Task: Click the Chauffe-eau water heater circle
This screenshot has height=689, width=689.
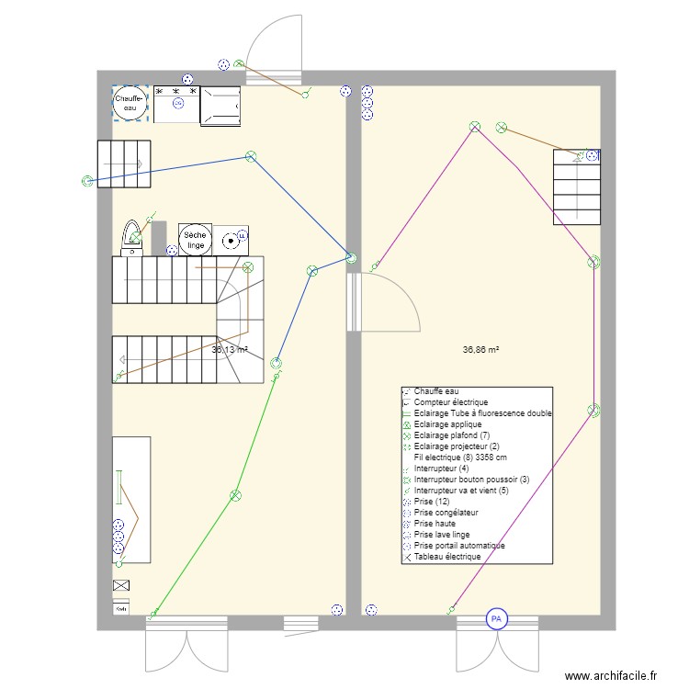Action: pyautogui.click(x=129, y=102)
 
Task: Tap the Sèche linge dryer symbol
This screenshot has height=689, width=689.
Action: pyautogui.click(x=195, y=239)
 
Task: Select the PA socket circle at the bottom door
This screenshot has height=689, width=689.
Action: pyautogui.click(x=496, y=619)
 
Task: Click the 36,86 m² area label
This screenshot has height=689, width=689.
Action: pyautogui.click(x=481, y=350)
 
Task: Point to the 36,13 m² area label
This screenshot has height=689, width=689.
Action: pyautogui.click(x=230, y=350)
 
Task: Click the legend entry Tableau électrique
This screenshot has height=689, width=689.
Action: pyautogui.click(x=446, y=557)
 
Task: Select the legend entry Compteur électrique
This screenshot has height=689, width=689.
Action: pyautogui.click(x=450, y=402)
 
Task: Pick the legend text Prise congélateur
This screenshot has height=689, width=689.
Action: pyautogui.click(x=446, y=513)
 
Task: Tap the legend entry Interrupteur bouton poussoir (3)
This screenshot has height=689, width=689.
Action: pyautogui.click(x=471, y=480)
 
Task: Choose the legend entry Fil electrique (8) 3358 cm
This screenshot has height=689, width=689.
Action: pyautogui.click(x=460, y=457)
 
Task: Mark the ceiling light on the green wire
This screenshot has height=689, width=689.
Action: pyautogui.click(x=235, y=495)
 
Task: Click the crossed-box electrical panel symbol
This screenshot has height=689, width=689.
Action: pyautogui.click(x=120, y=585)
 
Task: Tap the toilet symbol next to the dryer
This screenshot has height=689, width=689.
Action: pyautogui.click(x=134, y=236)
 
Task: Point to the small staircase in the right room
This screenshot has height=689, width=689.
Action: pyautogui.click(x=577, y=188)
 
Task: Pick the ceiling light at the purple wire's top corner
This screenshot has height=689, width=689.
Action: pyautogui.click(x=475, y=127)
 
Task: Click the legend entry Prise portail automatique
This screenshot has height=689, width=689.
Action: pyautogui.click(x=459, y=546)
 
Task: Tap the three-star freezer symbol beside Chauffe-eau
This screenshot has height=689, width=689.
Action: pyautogui.click(x=176, y=104)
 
